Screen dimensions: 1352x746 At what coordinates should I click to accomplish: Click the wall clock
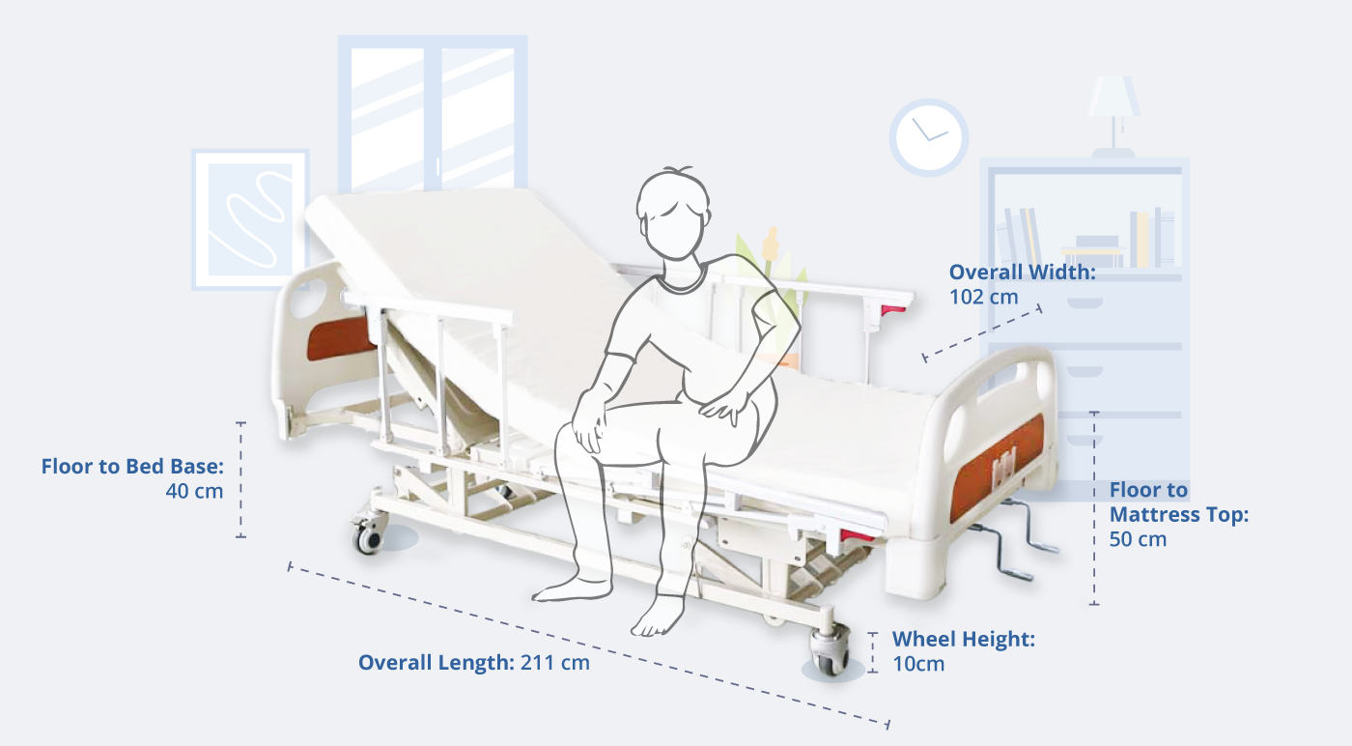point(928,138)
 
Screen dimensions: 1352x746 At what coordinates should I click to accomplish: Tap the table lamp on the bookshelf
point(1113,116)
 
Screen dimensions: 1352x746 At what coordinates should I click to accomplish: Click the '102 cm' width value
point(983,298)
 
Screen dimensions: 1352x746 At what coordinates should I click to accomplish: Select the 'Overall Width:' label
point(1022,272)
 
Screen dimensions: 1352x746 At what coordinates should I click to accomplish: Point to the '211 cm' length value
point(554,663)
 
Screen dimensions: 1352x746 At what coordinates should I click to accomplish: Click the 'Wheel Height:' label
point(964,639)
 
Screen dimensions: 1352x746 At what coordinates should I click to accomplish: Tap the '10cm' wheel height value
point(918,664)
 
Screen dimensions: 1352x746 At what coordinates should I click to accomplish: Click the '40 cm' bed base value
point(194,491)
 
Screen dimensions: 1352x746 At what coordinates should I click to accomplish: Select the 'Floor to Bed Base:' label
point(132,467)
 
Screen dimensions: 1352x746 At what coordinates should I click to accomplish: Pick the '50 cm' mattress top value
point(1138,539)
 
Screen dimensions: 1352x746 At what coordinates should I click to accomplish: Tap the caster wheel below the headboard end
point(369,535)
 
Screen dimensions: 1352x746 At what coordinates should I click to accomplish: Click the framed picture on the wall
point(250,220)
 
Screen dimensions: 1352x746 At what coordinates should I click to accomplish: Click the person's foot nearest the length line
point(659,615)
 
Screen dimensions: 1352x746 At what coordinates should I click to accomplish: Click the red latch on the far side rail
point(892,311)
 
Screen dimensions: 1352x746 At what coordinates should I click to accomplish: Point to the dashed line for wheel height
point(873,652)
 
